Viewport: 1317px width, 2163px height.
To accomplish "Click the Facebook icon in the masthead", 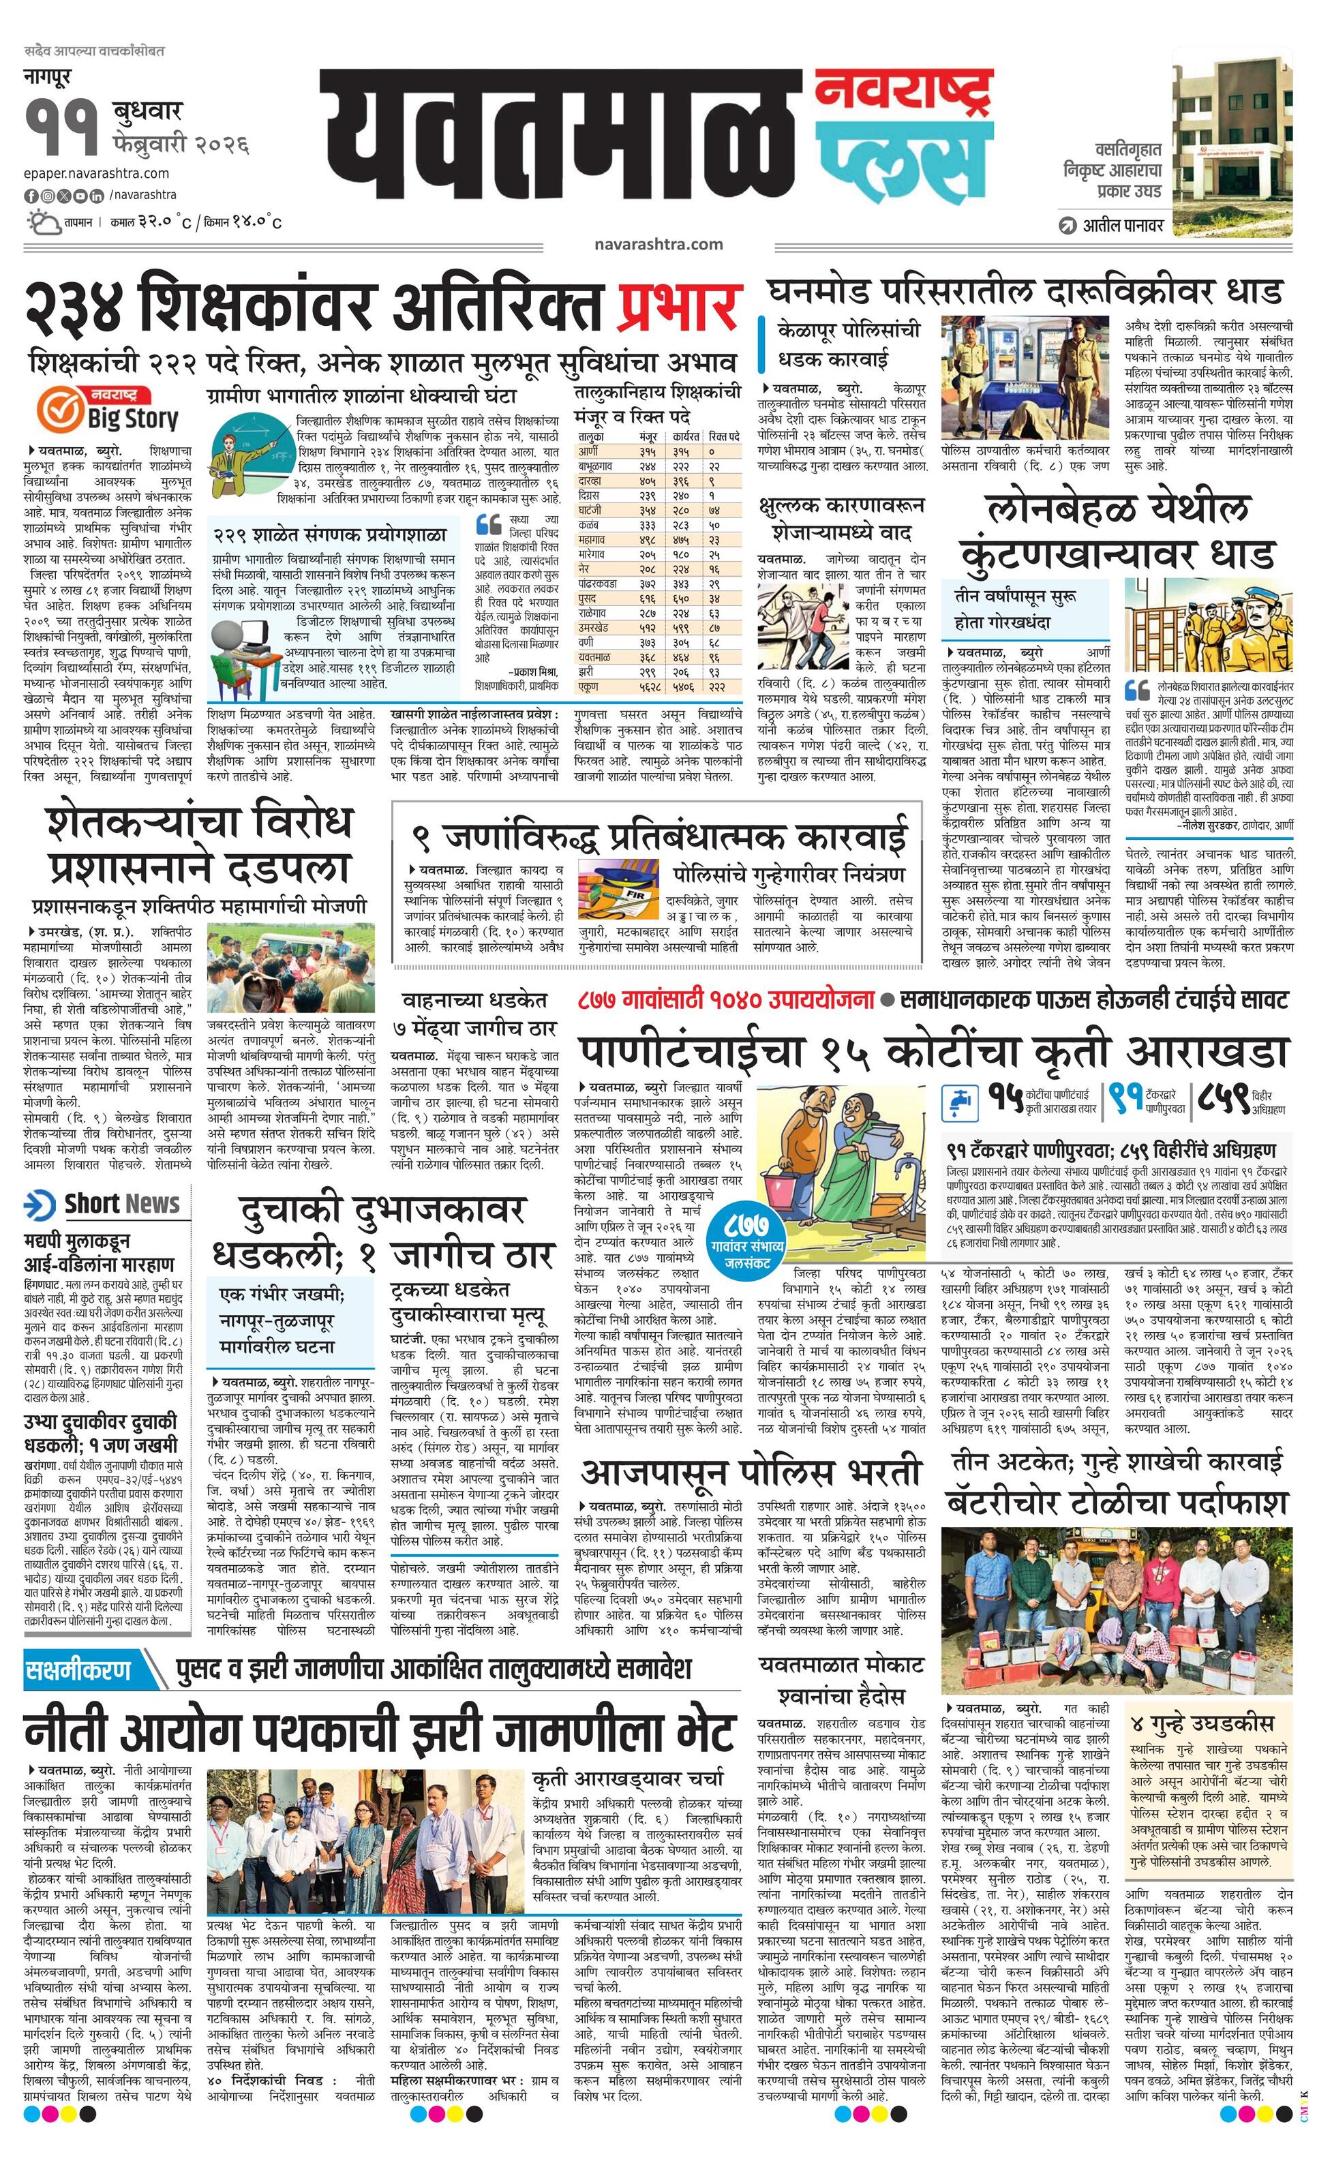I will pos(30,195).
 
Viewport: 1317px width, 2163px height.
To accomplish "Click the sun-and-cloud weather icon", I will pos(43,222).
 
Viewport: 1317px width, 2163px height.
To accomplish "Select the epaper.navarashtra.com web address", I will pos(97,173).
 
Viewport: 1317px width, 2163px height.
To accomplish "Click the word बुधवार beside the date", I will pos(147,112).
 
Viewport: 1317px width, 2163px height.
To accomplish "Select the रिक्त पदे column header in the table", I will pos(723,436).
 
